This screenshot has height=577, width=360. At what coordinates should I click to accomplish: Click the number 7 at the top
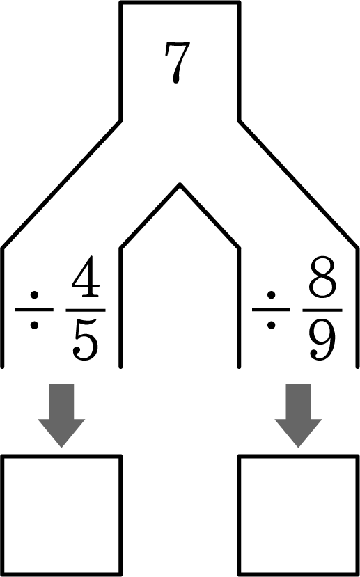point(178,63)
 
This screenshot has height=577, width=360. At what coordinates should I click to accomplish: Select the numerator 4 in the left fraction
point(86,277)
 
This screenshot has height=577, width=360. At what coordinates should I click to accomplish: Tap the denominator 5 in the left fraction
point(86,340)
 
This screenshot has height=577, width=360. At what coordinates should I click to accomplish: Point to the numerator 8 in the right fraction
point(322,277)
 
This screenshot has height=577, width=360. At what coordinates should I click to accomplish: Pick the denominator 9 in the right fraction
point(322,340)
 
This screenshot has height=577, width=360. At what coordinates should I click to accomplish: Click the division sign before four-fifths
point(34,310)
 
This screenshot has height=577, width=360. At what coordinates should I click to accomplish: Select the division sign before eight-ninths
point(272,310)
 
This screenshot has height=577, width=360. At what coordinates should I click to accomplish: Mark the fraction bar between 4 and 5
point(86,310)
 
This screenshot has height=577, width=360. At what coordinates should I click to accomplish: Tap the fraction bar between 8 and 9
point(322,310)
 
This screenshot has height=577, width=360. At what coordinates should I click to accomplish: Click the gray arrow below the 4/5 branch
point(61,415)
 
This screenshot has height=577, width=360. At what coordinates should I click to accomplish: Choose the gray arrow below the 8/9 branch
point(298,415)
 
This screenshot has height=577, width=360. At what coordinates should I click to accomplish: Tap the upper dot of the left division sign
point(34,294)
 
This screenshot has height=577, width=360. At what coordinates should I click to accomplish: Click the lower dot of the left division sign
point(34,325)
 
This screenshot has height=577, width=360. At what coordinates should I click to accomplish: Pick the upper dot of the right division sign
point(272,294)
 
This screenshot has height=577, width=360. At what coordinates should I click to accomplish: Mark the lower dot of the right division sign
point(272,325)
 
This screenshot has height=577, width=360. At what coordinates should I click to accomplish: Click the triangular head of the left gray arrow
point(61,431)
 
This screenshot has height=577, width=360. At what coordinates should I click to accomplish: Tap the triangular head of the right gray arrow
point(298,431)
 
